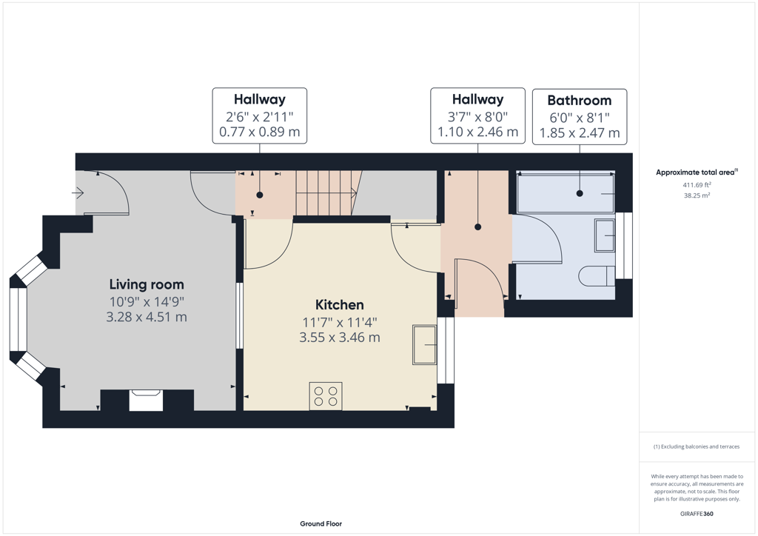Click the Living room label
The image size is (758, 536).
tap(147, 285)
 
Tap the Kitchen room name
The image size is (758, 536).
tap(339, 305)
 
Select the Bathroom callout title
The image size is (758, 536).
tap(579, 101)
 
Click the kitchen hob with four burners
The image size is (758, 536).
tap(326, 396)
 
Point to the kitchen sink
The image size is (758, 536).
tap(424, 344)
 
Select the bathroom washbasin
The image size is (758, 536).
tap(605, 236)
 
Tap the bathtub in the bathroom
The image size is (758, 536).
tap(566, 193)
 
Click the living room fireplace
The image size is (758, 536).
tap(146, 401)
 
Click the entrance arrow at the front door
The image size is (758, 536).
tap(78, 193)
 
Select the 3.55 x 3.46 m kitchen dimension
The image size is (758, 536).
tap(339, 338)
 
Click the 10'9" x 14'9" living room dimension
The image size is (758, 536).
tap(147, 302)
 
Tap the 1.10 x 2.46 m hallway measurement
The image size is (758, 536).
tap(477, 132)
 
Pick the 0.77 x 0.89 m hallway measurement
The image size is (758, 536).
tap(260, 132)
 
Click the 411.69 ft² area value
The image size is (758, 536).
tap(697, 184)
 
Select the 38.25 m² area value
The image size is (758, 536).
tap(697, 195)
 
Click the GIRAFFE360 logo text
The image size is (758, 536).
tap(697, 513)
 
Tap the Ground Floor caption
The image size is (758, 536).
tap(321, 523)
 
